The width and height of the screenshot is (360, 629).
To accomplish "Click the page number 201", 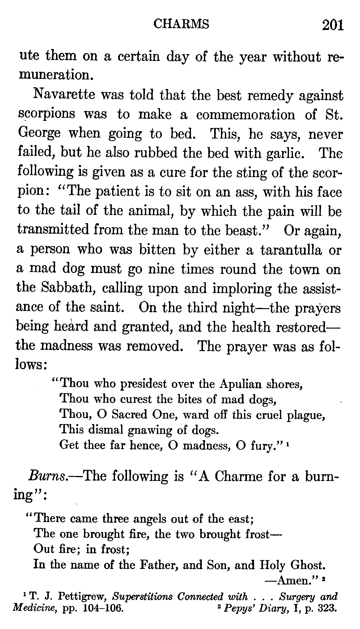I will (333, 25).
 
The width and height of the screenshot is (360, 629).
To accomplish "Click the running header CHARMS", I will (181, 24).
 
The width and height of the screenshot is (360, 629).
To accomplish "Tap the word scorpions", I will (46, 114).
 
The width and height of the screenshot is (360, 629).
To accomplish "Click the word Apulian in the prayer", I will (239, 384).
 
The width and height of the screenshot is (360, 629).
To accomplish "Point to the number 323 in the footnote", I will (327, 609).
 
